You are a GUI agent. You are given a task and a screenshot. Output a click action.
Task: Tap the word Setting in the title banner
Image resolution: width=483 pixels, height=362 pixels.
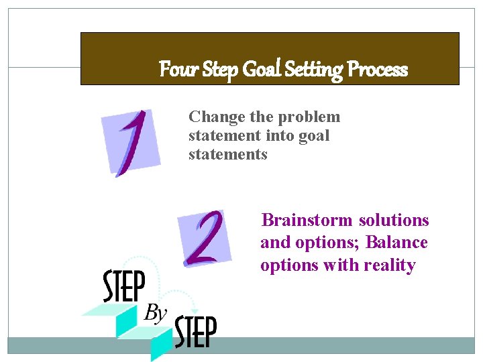pos(314,70)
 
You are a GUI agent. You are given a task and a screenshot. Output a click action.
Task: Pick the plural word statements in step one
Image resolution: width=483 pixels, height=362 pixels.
pos(228,155)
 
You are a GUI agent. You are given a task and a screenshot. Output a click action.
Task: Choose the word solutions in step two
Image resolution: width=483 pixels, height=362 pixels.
pos(394,221)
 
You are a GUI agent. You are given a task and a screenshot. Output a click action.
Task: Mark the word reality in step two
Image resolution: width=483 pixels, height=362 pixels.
pos(390,265)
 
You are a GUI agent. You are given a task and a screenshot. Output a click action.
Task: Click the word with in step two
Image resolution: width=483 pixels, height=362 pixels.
pos(342,265)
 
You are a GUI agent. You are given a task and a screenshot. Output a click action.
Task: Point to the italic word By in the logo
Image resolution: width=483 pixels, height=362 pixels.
pos(155,312)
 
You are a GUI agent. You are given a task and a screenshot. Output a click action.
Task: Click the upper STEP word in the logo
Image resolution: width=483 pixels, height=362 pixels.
pos(124,287)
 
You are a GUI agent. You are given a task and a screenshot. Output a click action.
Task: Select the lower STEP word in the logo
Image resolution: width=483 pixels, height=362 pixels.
pos(195,333)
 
